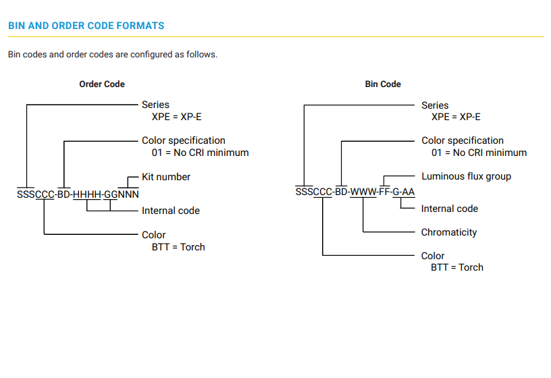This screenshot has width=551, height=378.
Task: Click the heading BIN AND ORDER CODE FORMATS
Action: (x=86, y=26)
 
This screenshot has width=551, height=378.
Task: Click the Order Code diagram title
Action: (x=102, y=84)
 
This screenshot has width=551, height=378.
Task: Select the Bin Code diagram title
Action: (x=383, y=84)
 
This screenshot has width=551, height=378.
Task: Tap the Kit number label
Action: (x=166, y=177)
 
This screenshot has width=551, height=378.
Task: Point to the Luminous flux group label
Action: (x=466, y=176)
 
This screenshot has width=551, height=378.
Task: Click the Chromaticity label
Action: (x=449, y=232)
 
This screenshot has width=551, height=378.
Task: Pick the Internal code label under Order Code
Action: (x=171, y=211)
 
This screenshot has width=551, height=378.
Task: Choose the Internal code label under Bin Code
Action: (x=450, y=209)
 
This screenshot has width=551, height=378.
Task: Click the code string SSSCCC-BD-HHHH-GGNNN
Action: (x=78, y=194)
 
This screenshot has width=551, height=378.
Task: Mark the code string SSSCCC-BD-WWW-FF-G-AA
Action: (x=355, y=192)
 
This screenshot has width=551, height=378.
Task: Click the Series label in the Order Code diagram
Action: (x=155, y=105)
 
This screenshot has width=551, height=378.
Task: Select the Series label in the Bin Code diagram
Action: (x=435, y=105)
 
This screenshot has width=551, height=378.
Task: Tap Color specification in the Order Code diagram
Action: (x=184, y=140)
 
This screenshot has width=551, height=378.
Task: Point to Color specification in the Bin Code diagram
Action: (x=463, y=140)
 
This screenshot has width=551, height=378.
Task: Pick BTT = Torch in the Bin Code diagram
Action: (x=457, y=267)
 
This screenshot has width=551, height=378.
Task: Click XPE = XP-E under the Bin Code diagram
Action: (x=456, y=117)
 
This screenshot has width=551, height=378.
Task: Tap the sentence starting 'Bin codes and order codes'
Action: (x=113, y=54)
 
